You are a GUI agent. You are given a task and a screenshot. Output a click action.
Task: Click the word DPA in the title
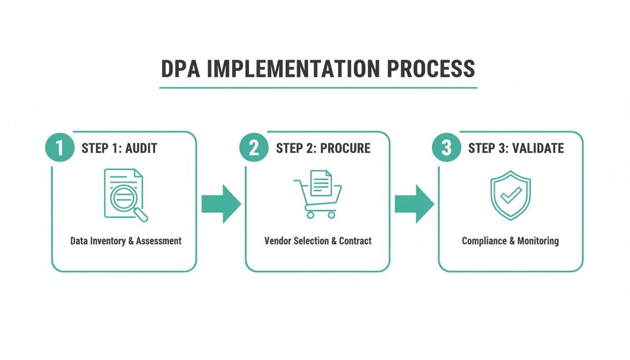pos(180,69)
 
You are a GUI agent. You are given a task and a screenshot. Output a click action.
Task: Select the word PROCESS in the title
pos(431,69)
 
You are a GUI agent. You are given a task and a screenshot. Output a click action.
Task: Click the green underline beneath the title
pos(318,88)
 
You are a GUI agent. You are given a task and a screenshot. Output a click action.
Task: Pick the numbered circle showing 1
pos(60,148)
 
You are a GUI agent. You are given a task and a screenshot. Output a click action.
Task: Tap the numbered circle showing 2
pos(254,148)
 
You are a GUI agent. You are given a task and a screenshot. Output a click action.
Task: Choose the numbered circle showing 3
pos(446,148)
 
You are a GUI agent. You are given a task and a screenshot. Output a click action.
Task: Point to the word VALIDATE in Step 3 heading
pos(538,149)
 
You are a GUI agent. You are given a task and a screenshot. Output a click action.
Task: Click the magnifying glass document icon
pos(125,195)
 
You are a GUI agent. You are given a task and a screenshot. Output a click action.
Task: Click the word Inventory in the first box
pos(107,241)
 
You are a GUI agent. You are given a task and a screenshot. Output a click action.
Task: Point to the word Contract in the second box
pos(355,241)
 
